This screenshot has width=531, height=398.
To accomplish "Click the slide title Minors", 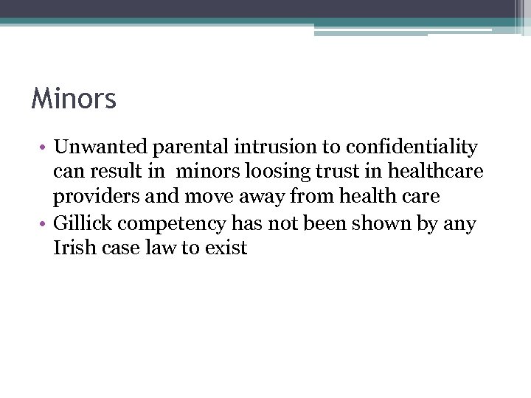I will point(74,99).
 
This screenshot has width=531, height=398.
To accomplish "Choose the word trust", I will point(344,172).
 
